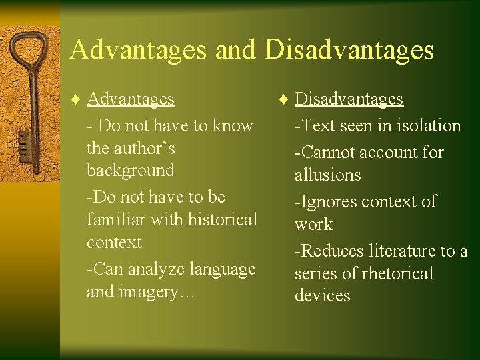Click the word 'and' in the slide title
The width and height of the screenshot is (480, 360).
(x=235, y=50)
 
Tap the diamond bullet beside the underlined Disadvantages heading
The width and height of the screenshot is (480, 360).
(x=284, y=99)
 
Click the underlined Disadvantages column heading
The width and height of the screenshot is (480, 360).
(x=349, y=99)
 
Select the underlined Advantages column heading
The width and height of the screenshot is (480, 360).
(x=131, y=99)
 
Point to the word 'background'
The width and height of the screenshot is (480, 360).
(x=130, y=170)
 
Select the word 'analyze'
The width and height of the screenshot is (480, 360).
(x=156, y=269)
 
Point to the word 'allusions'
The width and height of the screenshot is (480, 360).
(x=327, y=175)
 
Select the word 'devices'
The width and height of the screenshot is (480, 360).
(x=322, y=296)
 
